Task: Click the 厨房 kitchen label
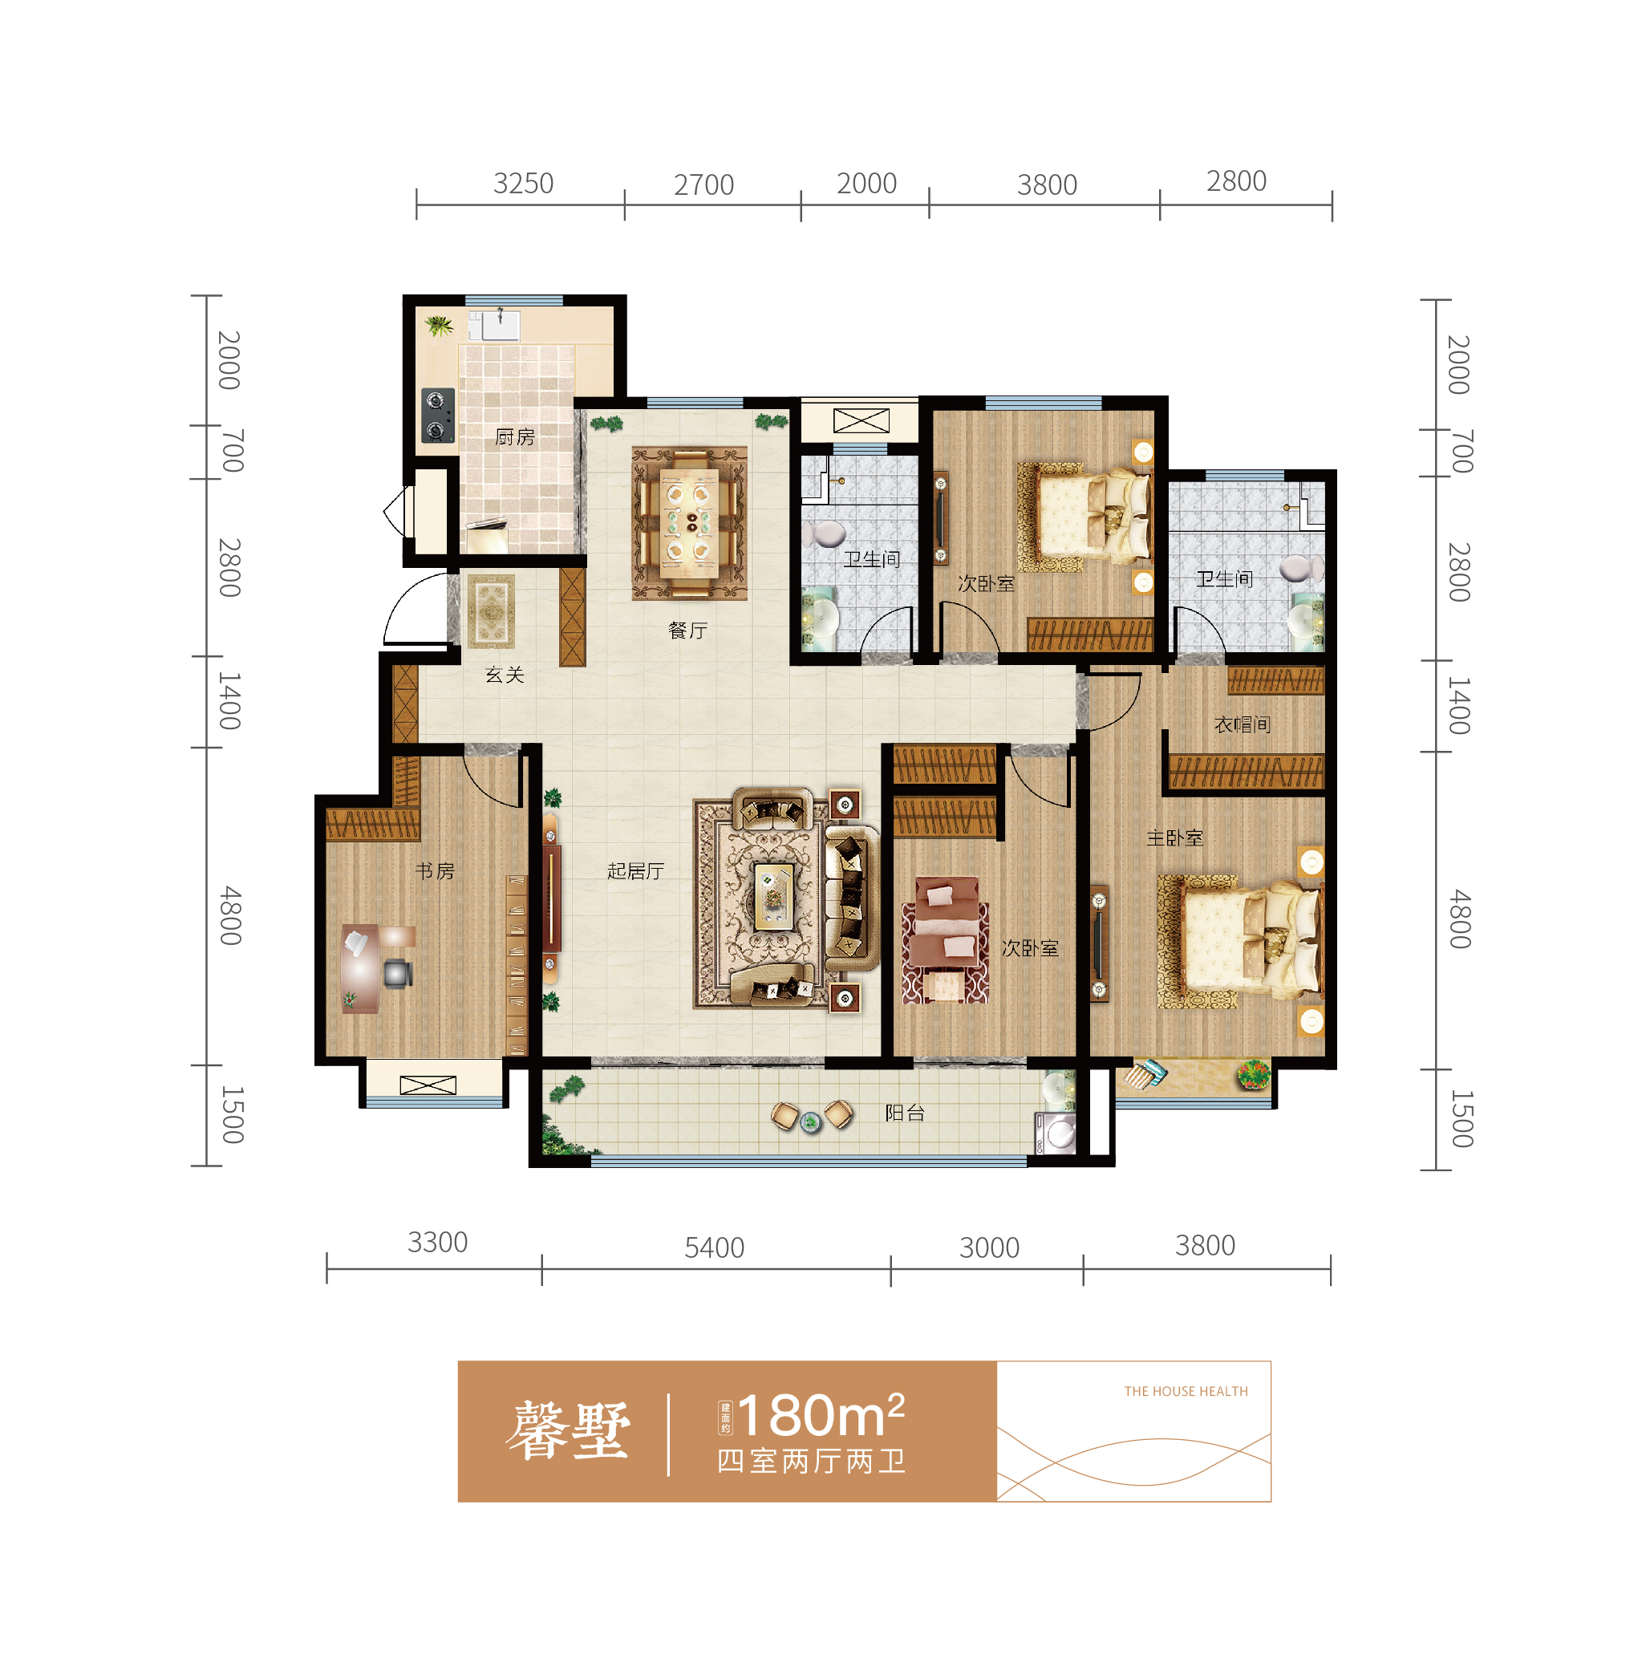click(x=515, y=436)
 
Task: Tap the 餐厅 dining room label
click(x=688, y=631)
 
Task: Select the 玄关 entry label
click(x=505, y=675)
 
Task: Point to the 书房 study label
click(x=435, y=871)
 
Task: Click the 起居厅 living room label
click(x=636, y=871)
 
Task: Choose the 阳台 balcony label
click(x=905, y=1113)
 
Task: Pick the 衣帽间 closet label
click(x=1243, y=724)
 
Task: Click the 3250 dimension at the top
click(x=524, y=184)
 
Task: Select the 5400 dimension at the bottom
click(x=714, y=1247)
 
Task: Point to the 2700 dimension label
click(x=703, y=185)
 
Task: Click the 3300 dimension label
click(x=438, y=1243)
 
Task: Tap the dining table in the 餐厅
click(x=691, y=522)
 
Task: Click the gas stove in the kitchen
click(x=438, y=415)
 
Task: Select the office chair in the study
click(x=397, y=972)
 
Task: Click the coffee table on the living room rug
click(x=773, y=897)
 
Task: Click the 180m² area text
click(x=821, y=1415)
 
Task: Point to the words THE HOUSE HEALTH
click(x=1186, y=1392)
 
